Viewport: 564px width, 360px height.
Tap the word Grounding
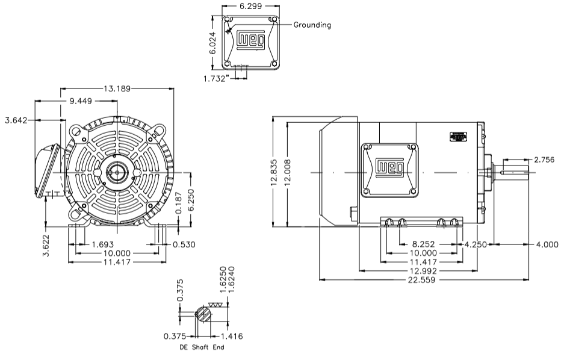pyautogui.click(x=312, y=25)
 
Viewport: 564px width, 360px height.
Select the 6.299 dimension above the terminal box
pyautogui.click(x=250, y=6)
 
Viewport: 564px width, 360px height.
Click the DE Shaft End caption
pyautogui.click(x=201, y=347)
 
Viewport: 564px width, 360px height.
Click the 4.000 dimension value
pyautogui.click(x=547, y=244)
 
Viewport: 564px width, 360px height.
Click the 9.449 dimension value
pyautogui.click(x=81, y=101)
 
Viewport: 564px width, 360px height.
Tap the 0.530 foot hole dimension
pyautogui.click(x=184, y=245)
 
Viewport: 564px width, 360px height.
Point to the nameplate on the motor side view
pyautogui.click(x=458, y=136)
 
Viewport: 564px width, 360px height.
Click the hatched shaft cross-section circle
pyautogui.click(x=203, y=313)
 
